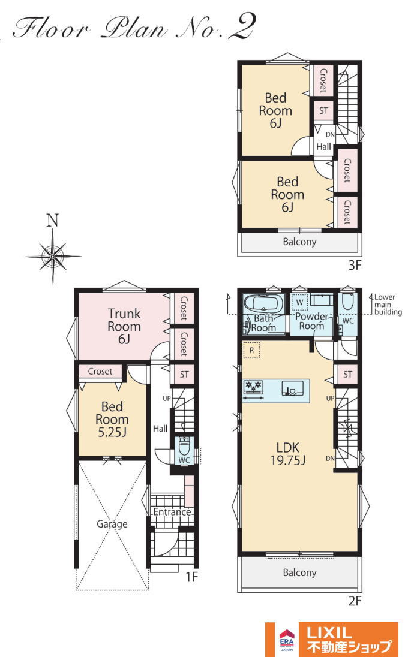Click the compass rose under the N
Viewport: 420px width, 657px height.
(52, 255)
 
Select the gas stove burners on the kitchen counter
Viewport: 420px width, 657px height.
(253, 386)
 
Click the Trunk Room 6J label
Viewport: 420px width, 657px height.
(124, 326)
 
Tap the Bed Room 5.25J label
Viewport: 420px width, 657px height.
(112, 419)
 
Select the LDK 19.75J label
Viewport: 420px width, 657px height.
(288, 454)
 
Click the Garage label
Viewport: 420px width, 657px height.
(112, 524)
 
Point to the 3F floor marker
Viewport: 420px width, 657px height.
(355, 265)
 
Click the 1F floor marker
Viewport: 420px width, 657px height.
(191, 577)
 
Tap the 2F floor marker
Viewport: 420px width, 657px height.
(355, 601)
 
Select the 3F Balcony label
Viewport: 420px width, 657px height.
(299, 242)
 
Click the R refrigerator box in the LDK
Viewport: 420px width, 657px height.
(252, 350)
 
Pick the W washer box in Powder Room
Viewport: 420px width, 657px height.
(299, 302)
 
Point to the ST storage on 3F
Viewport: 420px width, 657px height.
(323, 111)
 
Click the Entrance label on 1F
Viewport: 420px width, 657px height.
(172, 512)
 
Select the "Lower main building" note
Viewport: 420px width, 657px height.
(388, 305)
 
